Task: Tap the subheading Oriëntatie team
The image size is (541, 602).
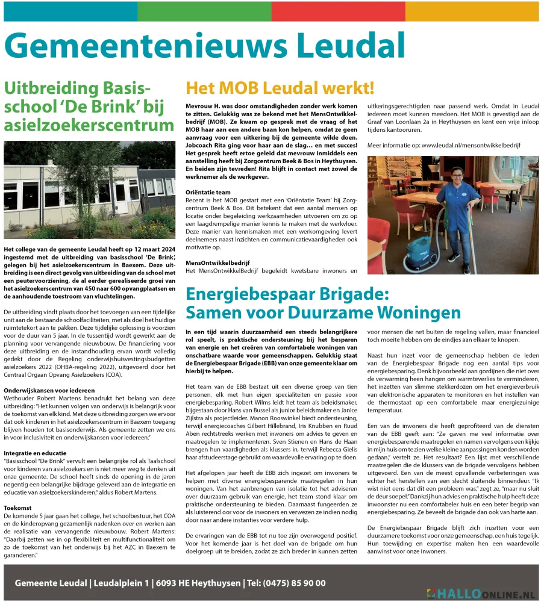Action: [x=208, y=192]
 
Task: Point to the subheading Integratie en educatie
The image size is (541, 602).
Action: [x=34, y=452]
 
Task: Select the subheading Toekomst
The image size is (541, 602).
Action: [x=17, y=507]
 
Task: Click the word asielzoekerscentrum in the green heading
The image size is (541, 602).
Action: [x=89, y=125]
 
